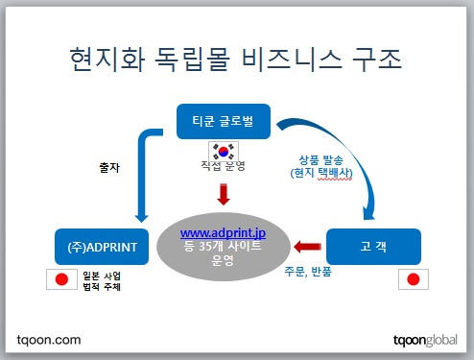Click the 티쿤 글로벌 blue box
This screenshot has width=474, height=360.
(x=224, y=122)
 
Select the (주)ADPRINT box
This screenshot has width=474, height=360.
(x=102, y=247)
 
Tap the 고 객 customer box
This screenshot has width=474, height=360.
(x=373, y=247)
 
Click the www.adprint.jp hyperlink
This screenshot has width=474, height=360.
(x=223, y=233)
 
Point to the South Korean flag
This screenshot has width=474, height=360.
(x=224, y=152)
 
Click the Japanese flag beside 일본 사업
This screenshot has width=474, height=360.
(x=61, y=279)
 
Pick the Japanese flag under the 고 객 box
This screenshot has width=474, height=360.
(x=414, y=279)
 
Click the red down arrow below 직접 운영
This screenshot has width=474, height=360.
(x=224, y=194)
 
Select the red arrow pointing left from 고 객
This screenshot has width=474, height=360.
(x=307, y=247)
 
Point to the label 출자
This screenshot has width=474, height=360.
(x=109, y=167)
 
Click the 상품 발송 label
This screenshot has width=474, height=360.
(x=320, y=159)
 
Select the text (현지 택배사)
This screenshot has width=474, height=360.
(x=321, y=173)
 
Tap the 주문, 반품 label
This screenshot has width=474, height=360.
(x=308, y=272)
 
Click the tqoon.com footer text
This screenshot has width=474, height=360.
(x=49, y=340)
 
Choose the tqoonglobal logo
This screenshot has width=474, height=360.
(x=425, y=340)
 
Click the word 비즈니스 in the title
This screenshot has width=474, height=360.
(x=292, y=60)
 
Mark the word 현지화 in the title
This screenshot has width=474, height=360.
(x=107, y=60)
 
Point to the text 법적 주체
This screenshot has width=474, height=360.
(x=102, y=286)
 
